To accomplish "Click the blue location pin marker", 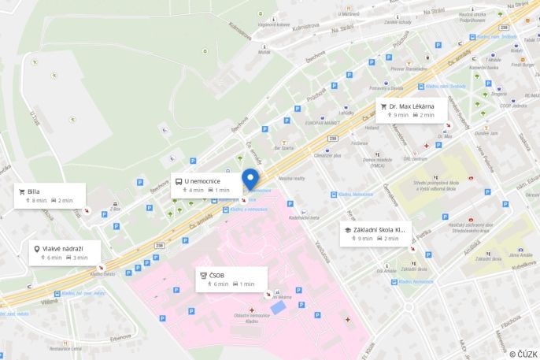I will coord(250,179).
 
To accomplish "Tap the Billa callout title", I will coord(34,191).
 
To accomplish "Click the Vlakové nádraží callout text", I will coord(64,248).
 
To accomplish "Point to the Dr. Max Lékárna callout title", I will coord(412,106).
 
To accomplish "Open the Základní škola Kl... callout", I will coord(379,229).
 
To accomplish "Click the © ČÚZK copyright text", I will coord(523,354).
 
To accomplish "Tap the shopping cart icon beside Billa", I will coord(22,191).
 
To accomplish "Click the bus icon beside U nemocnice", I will coord(179,180).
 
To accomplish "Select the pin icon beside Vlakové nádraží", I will coord(36,248).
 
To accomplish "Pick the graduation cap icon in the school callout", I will coord(347,229).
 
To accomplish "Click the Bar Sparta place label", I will coord(283,147).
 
